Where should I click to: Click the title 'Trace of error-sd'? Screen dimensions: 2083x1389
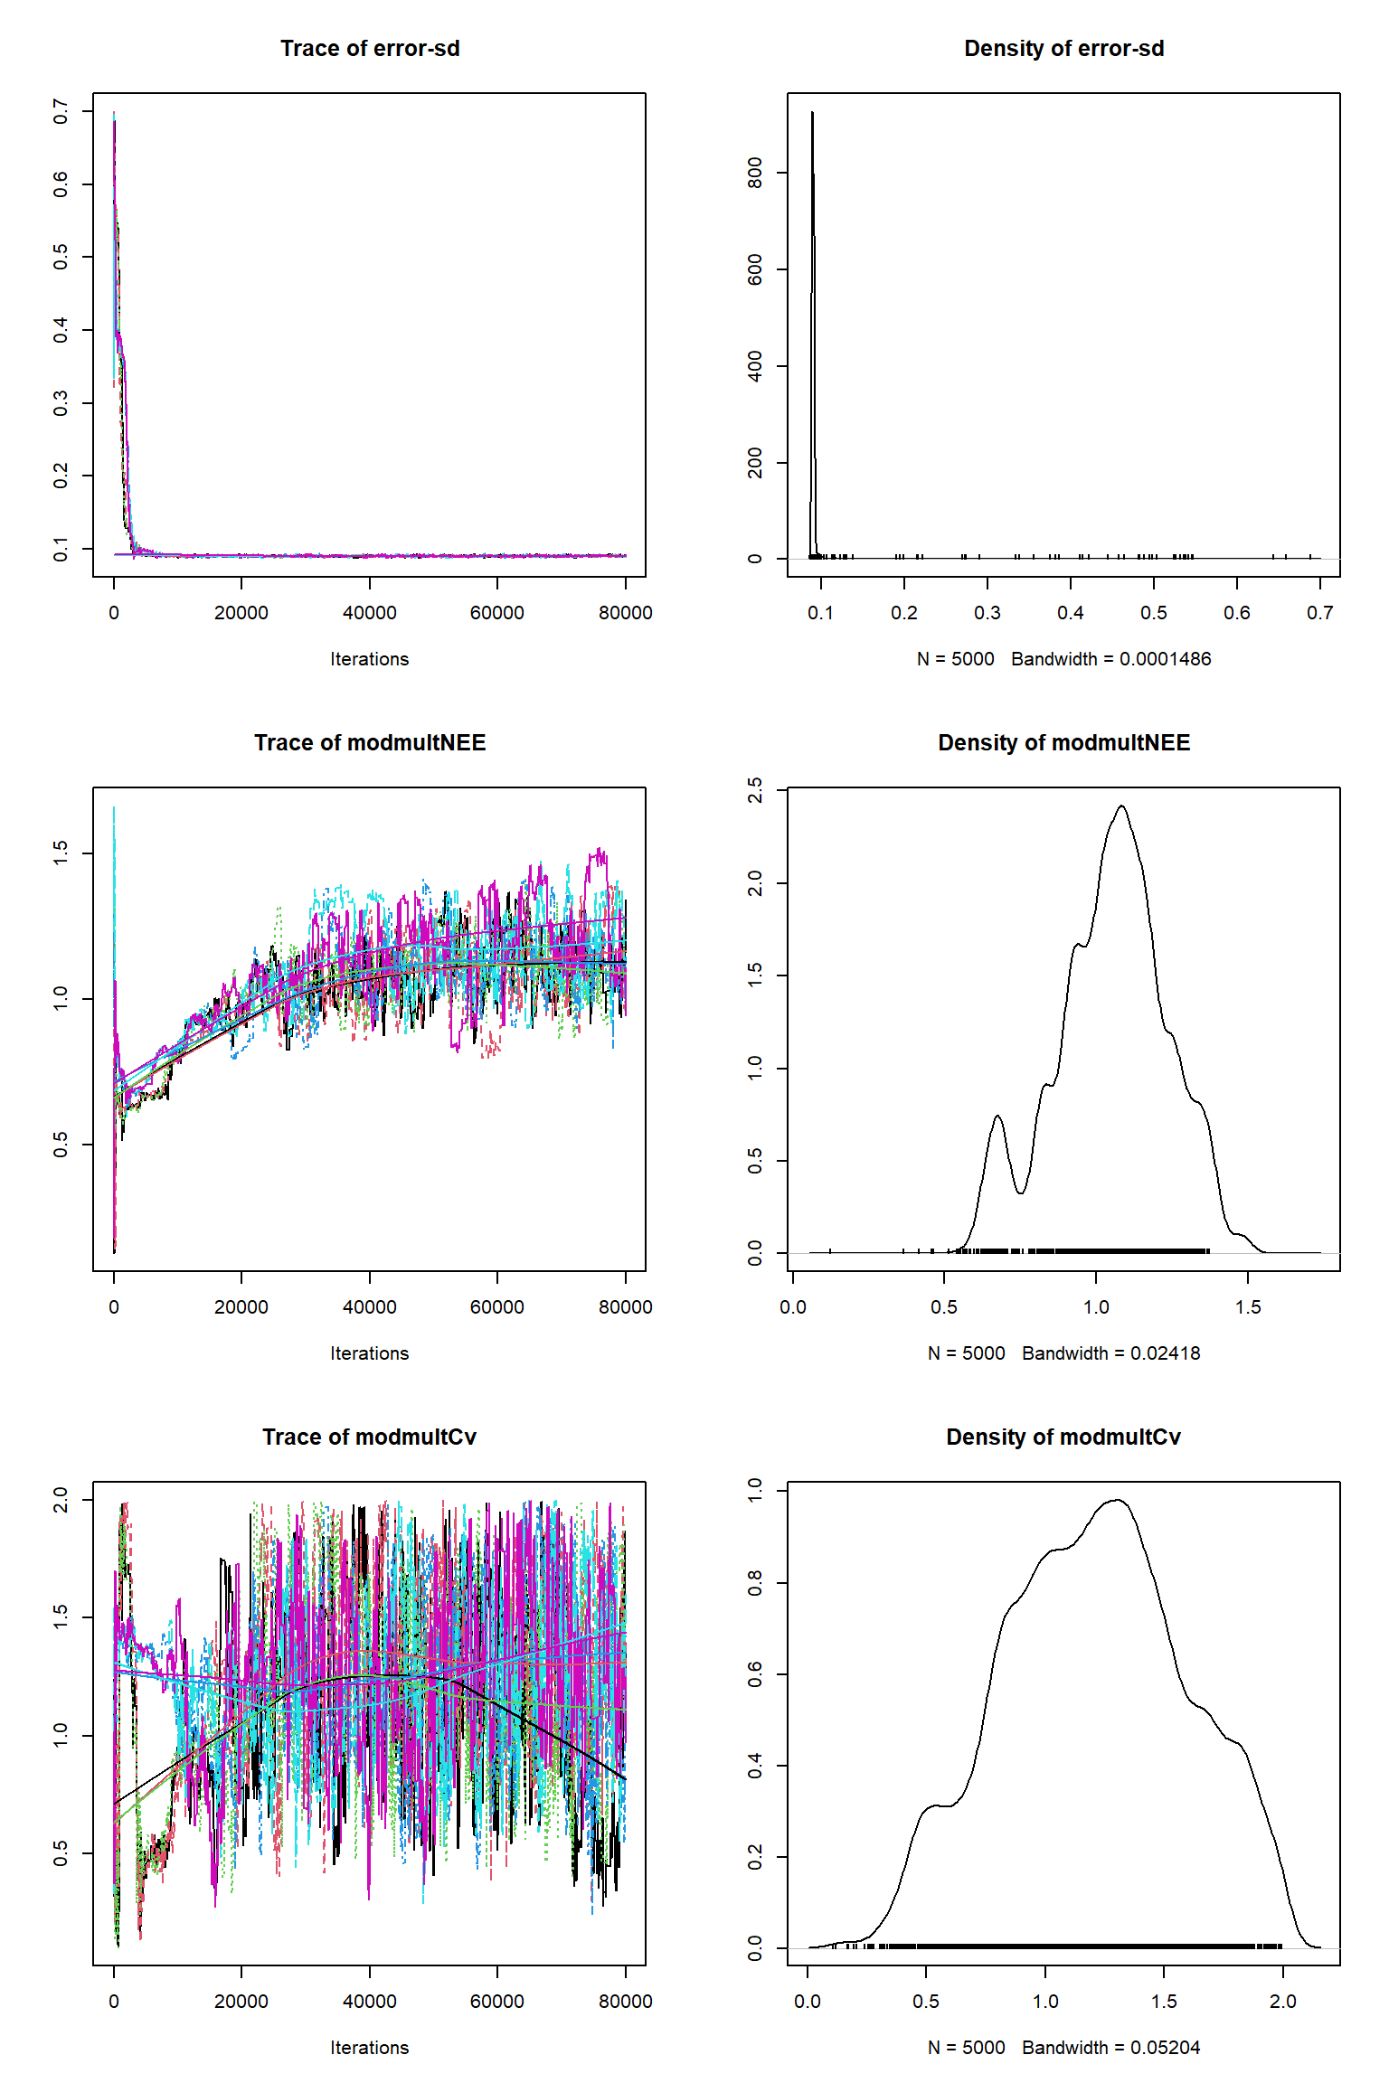370,49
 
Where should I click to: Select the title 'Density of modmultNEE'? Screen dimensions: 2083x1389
1063,743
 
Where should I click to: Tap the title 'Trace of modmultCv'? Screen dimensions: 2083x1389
369,1437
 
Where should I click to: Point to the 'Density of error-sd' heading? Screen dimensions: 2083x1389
1063,49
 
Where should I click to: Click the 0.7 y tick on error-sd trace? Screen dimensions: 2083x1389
61,112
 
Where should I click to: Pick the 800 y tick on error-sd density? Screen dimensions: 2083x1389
755,173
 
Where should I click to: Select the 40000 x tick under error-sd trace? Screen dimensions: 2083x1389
369,613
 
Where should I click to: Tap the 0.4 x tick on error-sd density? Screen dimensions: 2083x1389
1071,613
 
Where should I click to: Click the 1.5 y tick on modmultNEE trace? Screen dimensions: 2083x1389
61,853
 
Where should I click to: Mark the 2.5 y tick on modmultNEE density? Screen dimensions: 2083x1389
755,789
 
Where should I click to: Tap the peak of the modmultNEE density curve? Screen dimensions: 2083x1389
1121,806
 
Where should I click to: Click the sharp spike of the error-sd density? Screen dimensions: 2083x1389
812,114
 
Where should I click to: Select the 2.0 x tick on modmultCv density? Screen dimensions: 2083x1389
1283,2002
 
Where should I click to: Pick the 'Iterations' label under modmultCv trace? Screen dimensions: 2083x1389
369,2048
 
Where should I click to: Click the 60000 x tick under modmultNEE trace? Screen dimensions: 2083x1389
496,1307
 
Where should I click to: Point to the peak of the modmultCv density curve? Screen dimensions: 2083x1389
1119,1501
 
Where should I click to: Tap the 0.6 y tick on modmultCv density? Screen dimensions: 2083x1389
755,1674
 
